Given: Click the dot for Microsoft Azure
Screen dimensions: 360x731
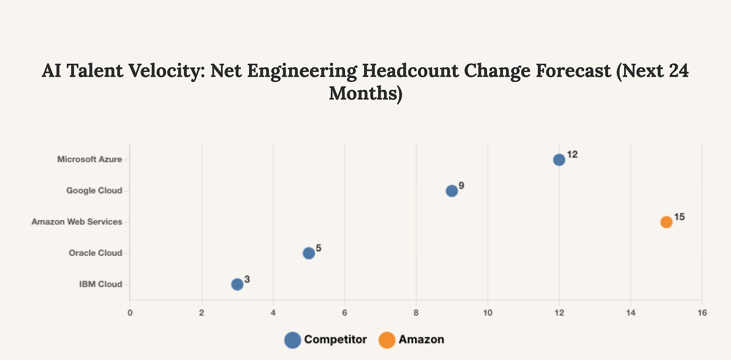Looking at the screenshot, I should click(x=559, y=160).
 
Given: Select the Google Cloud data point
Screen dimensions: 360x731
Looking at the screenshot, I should click(x=452, y=191).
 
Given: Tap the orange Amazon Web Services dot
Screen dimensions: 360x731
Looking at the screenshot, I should click(x=666, y=222).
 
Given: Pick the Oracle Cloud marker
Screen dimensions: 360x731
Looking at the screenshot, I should click(x=309, y=253).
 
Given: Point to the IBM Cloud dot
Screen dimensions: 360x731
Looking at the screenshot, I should click(x=237, y=284).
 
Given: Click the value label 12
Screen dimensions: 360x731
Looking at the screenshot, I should click(x=572, y=155).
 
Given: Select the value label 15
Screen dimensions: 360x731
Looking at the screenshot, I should click(x=679, y=217).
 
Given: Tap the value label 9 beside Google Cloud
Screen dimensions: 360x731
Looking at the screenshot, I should click(x=461, y=186).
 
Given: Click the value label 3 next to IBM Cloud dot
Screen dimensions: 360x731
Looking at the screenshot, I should click(x=247, y=279).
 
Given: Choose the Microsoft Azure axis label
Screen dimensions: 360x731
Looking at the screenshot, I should click(x=89, y=160).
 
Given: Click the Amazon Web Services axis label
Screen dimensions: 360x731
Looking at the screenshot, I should click(x=77, y=222).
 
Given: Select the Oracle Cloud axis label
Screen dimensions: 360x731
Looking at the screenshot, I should click(x=95, y=253).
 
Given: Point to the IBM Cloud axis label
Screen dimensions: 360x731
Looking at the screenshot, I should click(x=100, y=284).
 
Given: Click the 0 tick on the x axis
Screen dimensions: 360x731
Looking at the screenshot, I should click(x=130, y=313).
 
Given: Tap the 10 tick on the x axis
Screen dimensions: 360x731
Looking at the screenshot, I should click(x=487, y=313).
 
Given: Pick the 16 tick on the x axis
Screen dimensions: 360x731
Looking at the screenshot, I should click(x=702, y=313).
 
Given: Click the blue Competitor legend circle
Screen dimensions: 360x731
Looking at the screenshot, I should click(x=292, y=340).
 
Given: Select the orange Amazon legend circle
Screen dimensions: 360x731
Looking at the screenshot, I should click(x=387, y=340).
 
